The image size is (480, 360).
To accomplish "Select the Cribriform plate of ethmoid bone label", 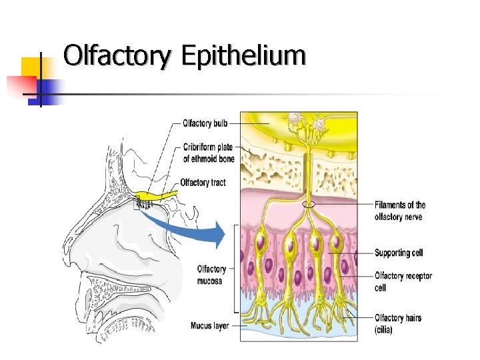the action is (207, 153).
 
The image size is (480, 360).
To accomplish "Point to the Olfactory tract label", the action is (203, 183).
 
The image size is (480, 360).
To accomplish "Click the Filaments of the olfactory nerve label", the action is (399, 211).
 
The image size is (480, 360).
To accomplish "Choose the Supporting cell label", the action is (398, 253).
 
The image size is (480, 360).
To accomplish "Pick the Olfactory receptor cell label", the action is (403, 281).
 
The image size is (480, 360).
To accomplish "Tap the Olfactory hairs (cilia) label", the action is (397, 323).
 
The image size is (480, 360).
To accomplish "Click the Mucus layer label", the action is (210, 326).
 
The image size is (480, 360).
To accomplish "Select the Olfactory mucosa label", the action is (211, 274).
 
